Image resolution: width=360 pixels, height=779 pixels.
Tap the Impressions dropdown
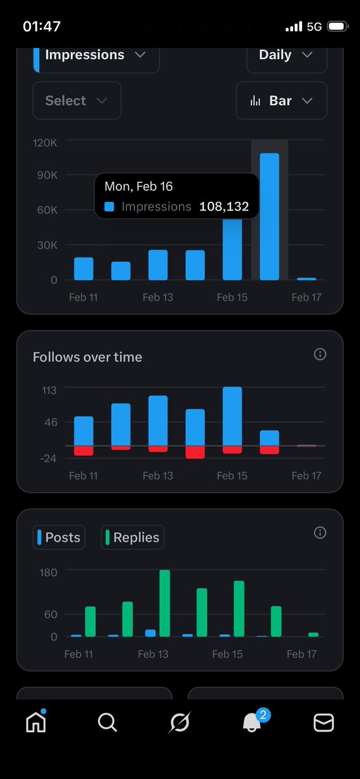coord(96,56)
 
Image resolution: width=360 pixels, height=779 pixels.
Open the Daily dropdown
coord(286,56)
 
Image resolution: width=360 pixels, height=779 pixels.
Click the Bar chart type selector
coord(281,101)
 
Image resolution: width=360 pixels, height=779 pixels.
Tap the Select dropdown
coord(76,101)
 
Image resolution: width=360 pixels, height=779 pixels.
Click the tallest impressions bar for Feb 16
coord(269,216)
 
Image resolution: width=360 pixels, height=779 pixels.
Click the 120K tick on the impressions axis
coord(45,142)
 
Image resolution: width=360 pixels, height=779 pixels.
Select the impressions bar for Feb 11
coord(84,268)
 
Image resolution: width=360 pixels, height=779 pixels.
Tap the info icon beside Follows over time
coord(320,354)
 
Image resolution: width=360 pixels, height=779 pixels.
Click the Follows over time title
coord(87,357)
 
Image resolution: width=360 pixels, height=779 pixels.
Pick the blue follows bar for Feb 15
coord(232,416)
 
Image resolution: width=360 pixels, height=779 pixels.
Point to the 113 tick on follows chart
coord(49,390)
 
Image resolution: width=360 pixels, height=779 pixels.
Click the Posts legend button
coord(59,537)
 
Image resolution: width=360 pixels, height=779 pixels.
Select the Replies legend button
coord(133,537)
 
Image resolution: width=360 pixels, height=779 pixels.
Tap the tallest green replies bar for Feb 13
coord(164,603)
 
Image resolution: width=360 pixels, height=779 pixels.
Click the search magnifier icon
coord(107,722)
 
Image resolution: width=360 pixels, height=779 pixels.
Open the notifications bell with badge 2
coord(252,721)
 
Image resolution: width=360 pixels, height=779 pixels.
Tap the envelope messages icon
coord(324,722)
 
